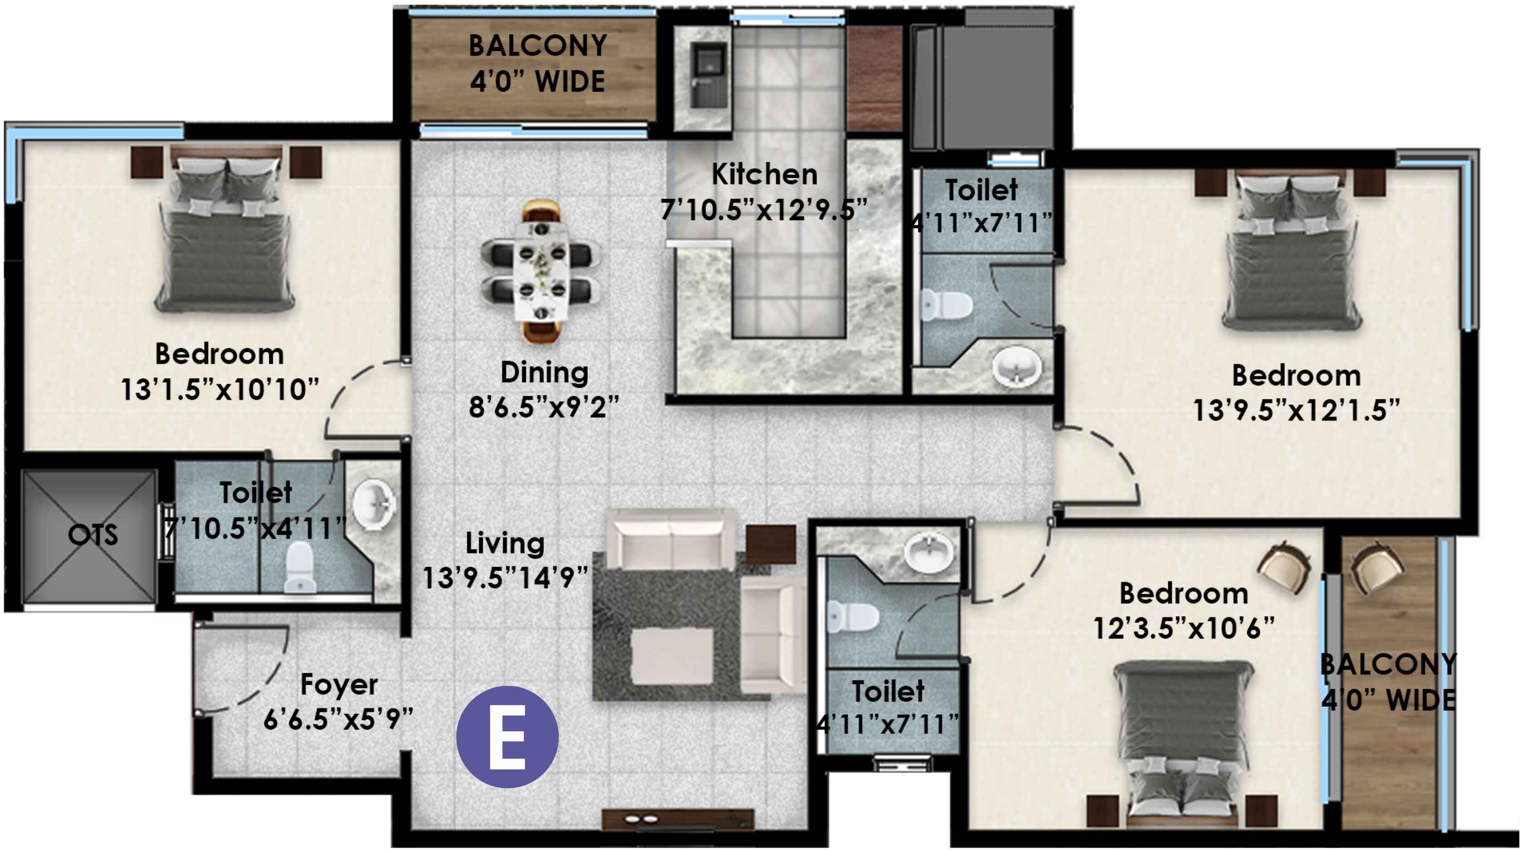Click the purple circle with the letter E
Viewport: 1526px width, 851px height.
pos(507,737)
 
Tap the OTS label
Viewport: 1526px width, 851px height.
pos(93,535)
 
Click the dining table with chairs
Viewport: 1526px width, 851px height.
pos(541,272)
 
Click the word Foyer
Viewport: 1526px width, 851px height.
pos(339,685)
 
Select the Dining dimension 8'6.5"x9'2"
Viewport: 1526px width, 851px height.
pos(544,408)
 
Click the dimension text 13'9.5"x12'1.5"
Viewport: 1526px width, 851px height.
pos(1296,411)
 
